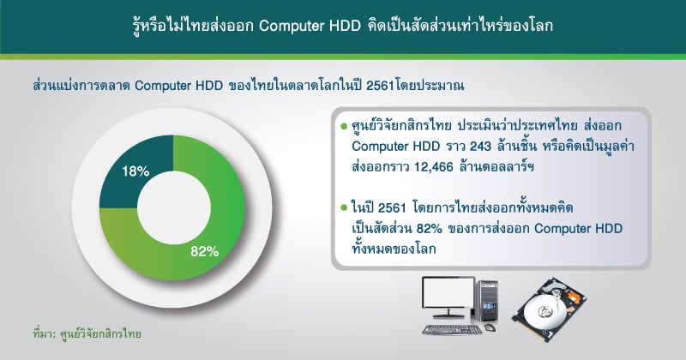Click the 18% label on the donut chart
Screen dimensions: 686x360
click(135, 171)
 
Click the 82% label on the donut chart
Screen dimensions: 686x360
click(204, 251)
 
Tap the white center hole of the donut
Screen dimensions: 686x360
click(174, 207)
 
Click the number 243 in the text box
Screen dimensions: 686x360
click(480, 146)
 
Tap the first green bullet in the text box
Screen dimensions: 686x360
click(344, 126)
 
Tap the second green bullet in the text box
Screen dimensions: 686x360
click(344, 207)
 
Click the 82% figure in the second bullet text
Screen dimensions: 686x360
click(430, 229)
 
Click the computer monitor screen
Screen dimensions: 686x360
click(448, 291)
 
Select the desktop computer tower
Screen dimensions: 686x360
click(486, 303)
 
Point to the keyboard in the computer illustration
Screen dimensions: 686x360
click(453, 330)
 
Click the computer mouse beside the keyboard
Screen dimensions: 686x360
click(490, 327)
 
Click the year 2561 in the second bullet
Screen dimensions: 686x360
click(393, 207)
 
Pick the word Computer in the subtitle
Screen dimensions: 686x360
click(160, 86)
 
